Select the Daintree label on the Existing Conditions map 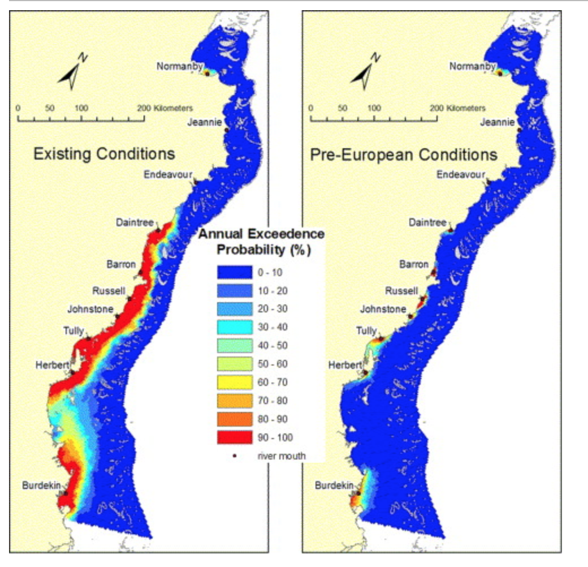click(x=135, y=222)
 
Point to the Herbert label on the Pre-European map click(x=344, y=365)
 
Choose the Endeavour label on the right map click(x=461, y=174)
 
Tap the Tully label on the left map click(x=73, y=330)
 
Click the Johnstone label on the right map click(x=383, y=309)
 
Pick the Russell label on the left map click(x=109, y=291)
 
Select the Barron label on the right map click(x=414, y=264)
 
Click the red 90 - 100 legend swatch click(x=235, y=437)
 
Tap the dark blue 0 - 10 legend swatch click(x=235, y=272)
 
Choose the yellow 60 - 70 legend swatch click(x=235, y=382)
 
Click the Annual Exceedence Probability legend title click(x=261, y=242)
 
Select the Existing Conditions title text click(x=104, y=154)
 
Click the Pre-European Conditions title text click(x=404, y=154)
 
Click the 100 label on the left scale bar click(x=81, y=108)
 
